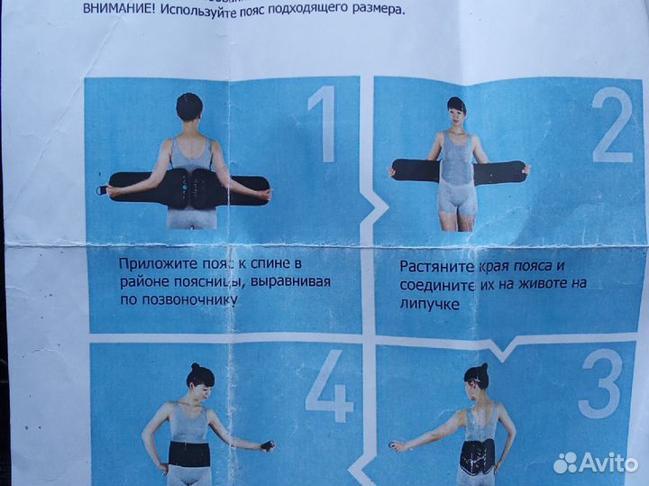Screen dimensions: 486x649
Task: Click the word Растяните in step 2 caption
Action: [x=435, y=267]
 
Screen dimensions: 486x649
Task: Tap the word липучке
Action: [x=431, y=305]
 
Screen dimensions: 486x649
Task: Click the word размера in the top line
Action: [x=374, y=10]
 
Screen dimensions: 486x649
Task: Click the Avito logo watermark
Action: [x=596, y=463]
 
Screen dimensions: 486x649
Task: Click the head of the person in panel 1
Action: [x=189, y=107]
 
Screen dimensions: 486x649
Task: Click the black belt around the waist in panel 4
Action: [x=189, y=454]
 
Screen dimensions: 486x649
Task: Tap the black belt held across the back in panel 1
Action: [x=189, y=187]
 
